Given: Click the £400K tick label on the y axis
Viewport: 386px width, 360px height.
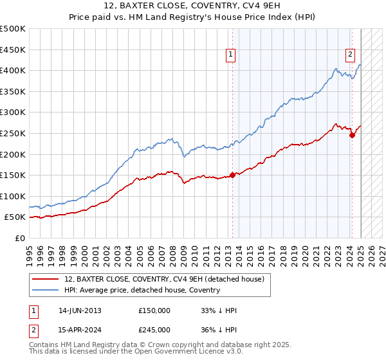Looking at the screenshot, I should [x=13, y=70].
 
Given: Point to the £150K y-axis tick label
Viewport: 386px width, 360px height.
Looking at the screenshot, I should [x=13, y=175].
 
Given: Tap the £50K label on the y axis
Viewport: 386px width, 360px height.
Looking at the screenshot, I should [x=15, y=217].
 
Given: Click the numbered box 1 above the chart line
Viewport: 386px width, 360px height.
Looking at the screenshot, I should [x=230, y=55].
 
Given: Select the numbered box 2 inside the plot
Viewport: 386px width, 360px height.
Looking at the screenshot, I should [x=351, y=55].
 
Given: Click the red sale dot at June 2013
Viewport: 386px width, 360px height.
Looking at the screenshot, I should [x=232, y=175].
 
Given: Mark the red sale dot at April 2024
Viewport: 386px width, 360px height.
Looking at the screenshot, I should [x=353, y=135].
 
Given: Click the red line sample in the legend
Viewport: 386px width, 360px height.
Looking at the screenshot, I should [x=46, y=278].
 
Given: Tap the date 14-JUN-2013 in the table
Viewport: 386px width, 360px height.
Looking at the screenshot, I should [x=80, y=310].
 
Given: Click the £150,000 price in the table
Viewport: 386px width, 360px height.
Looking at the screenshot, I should [x=154, y=310].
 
